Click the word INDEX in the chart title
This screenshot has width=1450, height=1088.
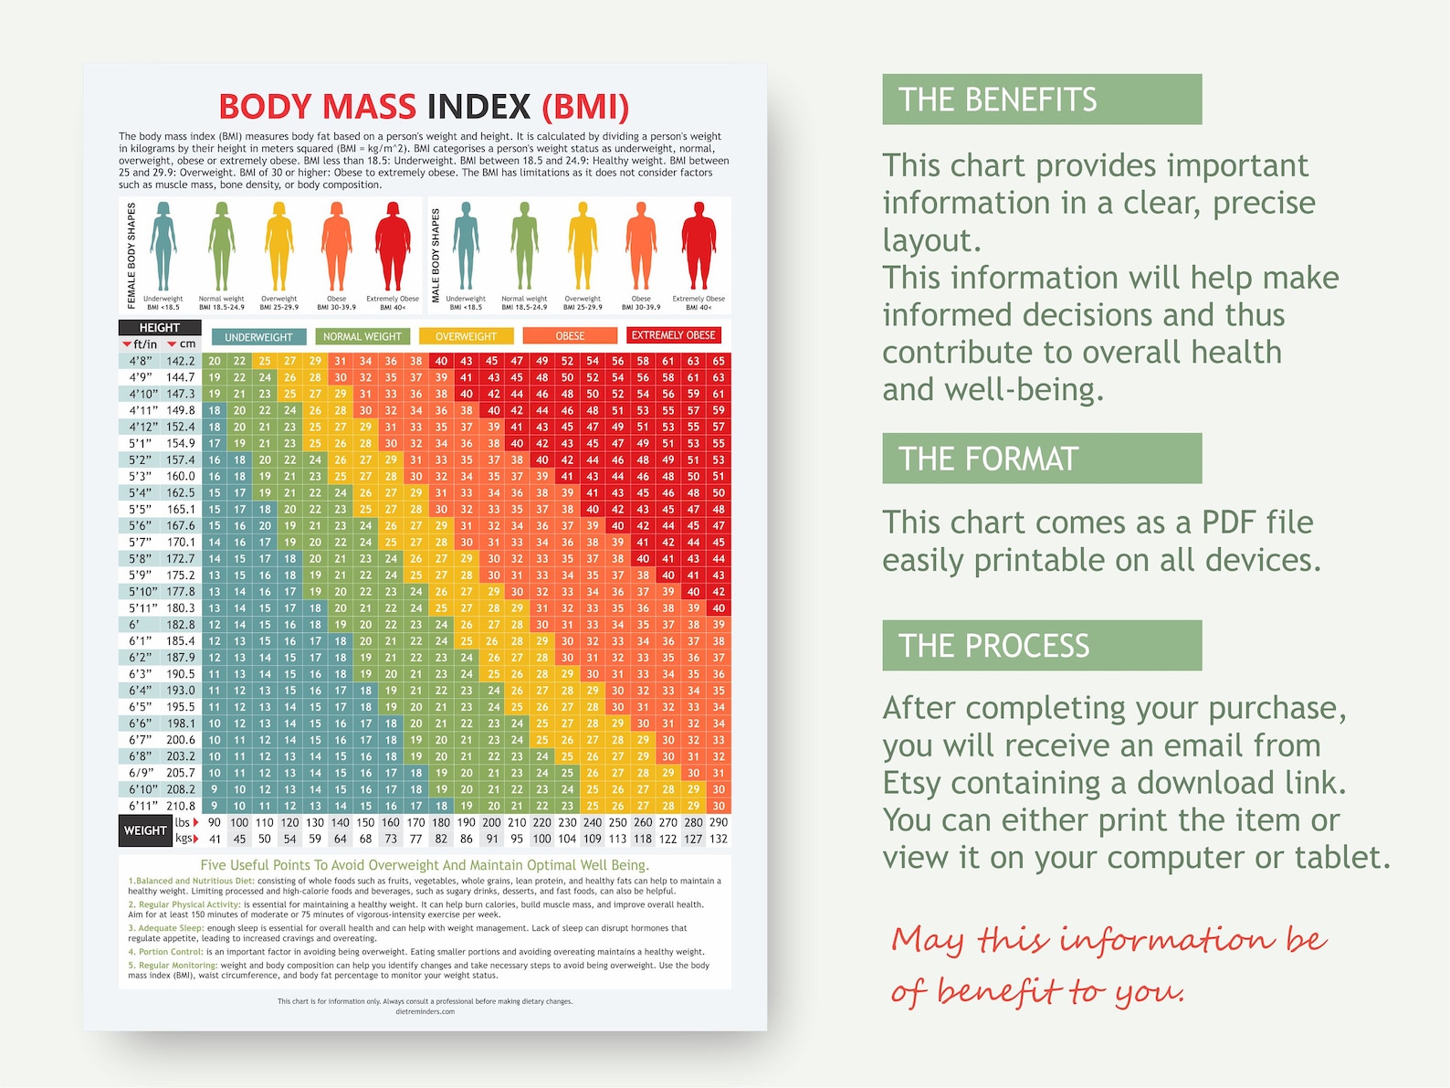[478, 107]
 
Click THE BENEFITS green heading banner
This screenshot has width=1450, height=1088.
[1041, 100]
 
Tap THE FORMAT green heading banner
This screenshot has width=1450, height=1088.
[1041, 459]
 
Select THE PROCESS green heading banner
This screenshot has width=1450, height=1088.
[1041, 646]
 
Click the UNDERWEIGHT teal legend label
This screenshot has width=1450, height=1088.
[258, 337]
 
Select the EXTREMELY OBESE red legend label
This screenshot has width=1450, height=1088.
[674, 335]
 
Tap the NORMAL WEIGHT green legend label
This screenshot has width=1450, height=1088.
[362, 336]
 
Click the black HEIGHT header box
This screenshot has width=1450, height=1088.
[160, 327]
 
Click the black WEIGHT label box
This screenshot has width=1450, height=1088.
[145, 830]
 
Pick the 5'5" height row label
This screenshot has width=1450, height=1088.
[140, 509]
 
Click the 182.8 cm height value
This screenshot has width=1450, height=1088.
[180, 625]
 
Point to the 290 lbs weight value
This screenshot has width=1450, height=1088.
[719, 822]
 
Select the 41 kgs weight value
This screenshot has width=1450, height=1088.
[215, 839]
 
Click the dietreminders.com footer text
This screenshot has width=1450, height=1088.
[425, 1011]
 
